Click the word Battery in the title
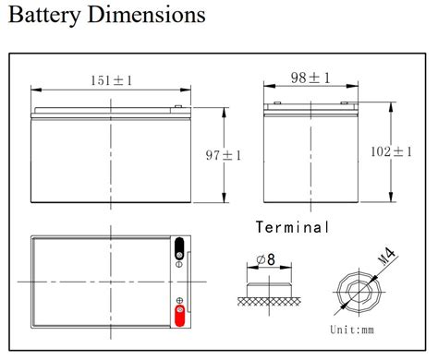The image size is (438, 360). coord(44,15)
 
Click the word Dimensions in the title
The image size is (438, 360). coord(147,14)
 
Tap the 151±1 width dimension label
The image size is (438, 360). coord(111,80)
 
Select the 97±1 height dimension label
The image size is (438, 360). coord(224,155)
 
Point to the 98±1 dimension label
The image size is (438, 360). coord(310,78)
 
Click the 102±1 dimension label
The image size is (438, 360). coord(391,151)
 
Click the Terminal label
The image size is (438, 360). coord(292,227)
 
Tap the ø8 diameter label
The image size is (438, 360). coord(265,259)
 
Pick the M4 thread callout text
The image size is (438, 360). coord(386,257)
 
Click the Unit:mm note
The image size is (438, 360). coord(352,330)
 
